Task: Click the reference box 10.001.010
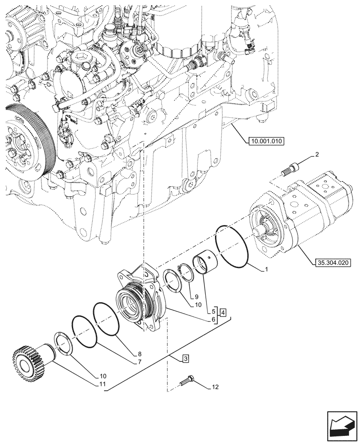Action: [x=264, y=141]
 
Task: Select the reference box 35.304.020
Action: [x=333, y=262]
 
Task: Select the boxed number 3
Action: [x=185, y=358]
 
